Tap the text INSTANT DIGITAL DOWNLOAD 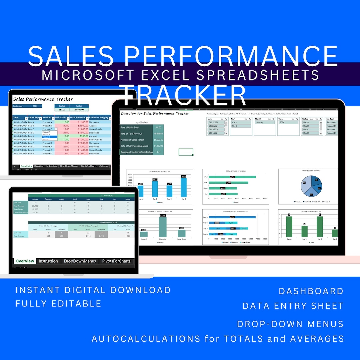click(x=93, y=290)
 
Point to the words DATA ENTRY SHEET click(x=293, y=306)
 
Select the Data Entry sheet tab click(x=26, y=166)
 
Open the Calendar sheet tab click(x=104, y=166)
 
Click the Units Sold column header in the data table click(x=61, y=118)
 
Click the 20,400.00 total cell click(x=79, y=109)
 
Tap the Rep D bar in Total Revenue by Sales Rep click(x=184, y=187)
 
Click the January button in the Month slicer click(x=264, y=123)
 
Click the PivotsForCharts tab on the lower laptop click(x=116, y=261)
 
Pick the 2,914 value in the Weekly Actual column click(x=88, y=236)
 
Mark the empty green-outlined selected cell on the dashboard click(x=186, y=152)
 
